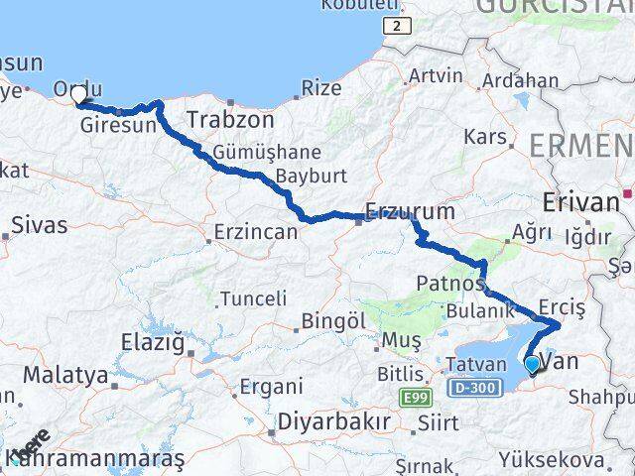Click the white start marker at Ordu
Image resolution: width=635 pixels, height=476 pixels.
[x=79, y=95]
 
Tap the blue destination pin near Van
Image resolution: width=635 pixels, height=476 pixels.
[x=533, y=365]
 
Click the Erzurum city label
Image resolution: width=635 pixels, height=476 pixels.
[x=410, y=211]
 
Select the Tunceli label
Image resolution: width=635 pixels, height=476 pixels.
[x=253, y=297]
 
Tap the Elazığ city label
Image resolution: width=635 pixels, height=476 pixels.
[x=152, y=343]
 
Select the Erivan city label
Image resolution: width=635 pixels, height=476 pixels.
[x=580, y=202]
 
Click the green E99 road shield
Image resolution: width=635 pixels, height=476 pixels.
[x=416, y=398]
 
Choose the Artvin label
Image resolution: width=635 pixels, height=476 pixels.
[x=436, y=75]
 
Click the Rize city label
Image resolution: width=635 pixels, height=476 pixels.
[x=320, y=88]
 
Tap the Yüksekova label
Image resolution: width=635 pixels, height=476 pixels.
[x=553, y=461]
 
